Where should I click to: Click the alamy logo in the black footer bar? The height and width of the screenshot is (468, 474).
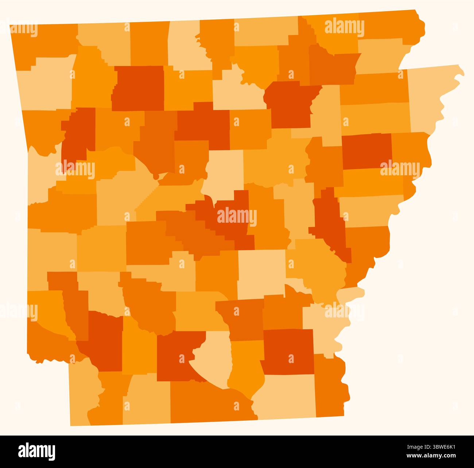(x=37, y=451)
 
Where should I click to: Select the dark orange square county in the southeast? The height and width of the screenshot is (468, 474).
(x=288, y=352)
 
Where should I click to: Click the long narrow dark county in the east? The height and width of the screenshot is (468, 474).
(x=330, y=222)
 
